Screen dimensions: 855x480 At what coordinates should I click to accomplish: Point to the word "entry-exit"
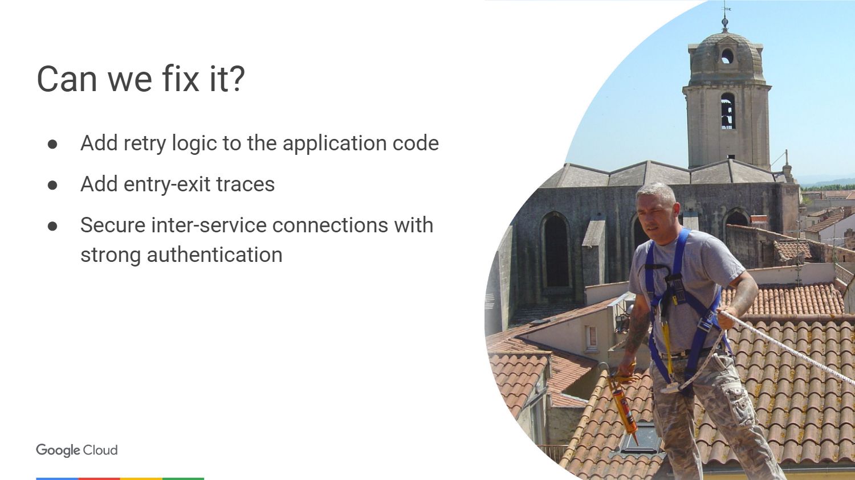(167, 184)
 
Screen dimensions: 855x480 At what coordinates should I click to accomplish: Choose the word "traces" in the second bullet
(246, 184)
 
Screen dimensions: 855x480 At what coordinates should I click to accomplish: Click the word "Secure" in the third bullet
(113, 225)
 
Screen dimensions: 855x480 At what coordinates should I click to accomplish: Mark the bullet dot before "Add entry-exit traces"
(52, 185)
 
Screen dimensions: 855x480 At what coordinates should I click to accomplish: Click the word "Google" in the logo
(58, 450)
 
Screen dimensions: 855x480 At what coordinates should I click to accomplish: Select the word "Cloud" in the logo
(100, 450)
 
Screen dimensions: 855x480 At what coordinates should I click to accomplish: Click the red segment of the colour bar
(99, 478)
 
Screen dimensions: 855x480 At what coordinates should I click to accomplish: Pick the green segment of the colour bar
(183, 478)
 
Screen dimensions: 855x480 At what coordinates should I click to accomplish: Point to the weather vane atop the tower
(725, 15)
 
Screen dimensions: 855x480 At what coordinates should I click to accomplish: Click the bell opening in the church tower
(728, 111)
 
